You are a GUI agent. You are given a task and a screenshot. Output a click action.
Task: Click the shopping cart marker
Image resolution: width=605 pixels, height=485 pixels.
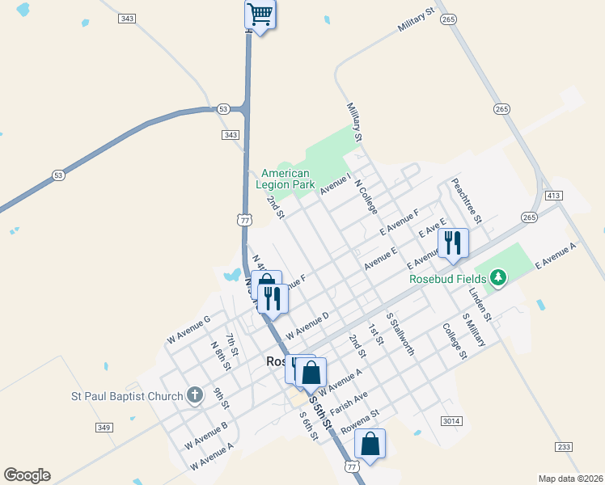pyautogui.click(x=260, y=14)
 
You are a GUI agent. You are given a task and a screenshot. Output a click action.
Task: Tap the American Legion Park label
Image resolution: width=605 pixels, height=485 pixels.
pyautogui.click(x=285, y=179)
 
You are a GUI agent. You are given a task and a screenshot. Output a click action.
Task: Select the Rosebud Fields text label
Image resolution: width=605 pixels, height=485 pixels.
pyautogui.click(x=447, y=279)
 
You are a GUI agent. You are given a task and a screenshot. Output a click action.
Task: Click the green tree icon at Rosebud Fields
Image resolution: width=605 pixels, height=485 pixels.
pyautogui.click(x=498, y=279)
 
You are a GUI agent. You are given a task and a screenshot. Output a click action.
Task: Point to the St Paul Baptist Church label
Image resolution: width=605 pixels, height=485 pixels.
pyautogui.click(x=124, y=396)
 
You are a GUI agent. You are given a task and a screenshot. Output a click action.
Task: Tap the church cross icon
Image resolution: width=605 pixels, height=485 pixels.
pyautogui.click(x=194, y=396)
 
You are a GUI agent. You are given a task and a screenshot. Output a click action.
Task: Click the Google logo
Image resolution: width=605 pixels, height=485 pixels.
pyautogui.click(x=27, y=475)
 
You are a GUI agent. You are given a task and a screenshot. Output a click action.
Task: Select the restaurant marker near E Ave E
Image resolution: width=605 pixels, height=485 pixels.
pyautogui.click(x=453, y=242)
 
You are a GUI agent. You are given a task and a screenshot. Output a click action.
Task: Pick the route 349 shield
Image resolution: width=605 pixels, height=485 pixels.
pyautogui.click(x=104, y=427)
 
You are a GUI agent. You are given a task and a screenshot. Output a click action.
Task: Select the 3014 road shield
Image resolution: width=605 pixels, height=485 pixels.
pyautogui.click(x=452, y=421)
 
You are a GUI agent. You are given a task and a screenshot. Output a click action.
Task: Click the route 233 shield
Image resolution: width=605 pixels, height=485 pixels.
pyautogui.click(x=564, y=447)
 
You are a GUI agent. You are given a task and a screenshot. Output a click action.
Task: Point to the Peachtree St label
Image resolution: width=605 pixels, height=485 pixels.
pyautogui.click(x=467, y=200)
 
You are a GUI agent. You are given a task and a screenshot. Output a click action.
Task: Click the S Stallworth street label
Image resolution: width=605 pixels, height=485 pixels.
pyautogui.click(x=400, y=334)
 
